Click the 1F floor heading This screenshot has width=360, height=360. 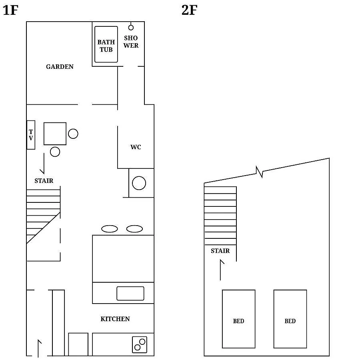click(x=10, y=10)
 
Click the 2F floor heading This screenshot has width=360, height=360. click(x=190, y=10)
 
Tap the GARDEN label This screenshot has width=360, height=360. click(x=60, y=66)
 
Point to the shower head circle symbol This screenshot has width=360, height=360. click(x=131, y=28)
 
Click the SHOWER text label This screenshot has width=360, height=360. click(x=131, y=42)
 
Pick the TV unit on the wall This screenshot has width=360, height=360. click(x=31, y=135)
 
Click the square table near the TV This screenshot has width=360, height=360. click(x=55, y=134)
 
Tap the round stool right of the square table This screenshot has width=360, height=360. click(x=73, y=134)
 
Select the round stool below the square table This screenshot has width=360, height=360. click(x=55, y=152)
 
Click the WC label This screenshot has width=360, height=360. click(x=136, y=147)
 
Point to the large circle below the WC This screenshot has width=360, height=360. click(x=139, y=183)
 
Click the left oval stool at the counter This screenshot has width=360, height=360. click(x=110, y=229)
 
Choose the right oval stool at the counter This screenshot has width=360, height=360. click(x=134, y=229)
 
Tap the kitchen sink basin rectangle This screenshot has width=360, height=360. click(x=130, y=293)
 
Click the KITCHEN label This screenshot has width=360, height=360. click(x=115, y=319)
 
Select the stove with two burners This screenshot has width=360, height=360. click(x=140, y=345)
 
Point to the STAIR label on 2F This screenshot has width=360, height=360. click(x=220, y=251)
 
